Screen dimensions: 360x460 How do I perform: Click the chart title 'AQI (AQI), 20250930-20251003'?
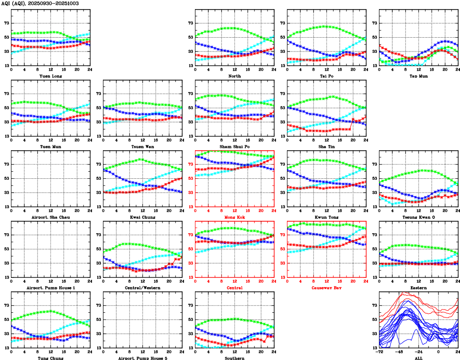tap(40, 3)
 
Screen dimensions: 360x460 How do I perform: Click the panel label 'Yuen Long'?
tap(51, 76)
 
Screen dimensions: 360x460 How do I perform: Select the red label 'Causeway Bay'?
tap(326, 288)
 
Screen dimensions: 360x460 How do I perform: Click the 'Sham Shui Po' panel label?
tap(234, 146)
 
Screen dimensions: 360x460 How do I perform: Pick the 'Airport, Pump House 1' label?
tap(51, 288)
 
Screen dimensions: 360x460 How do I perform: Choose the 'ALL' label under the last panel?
tap(418, 358)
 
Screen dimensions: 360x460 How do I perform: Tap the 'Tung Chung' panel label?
tap(51, 358)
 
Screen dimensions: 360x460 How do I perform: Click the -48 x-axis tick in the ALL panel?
tap(399, 352)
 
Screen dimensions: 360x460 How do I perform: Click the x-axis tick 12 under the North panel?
tap(234, 70)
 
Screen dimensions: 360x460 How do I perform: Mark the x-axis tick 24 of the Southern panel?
tap(274, 352)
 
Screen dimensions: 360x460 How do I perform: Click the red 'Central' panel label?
tap(234, 288)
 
